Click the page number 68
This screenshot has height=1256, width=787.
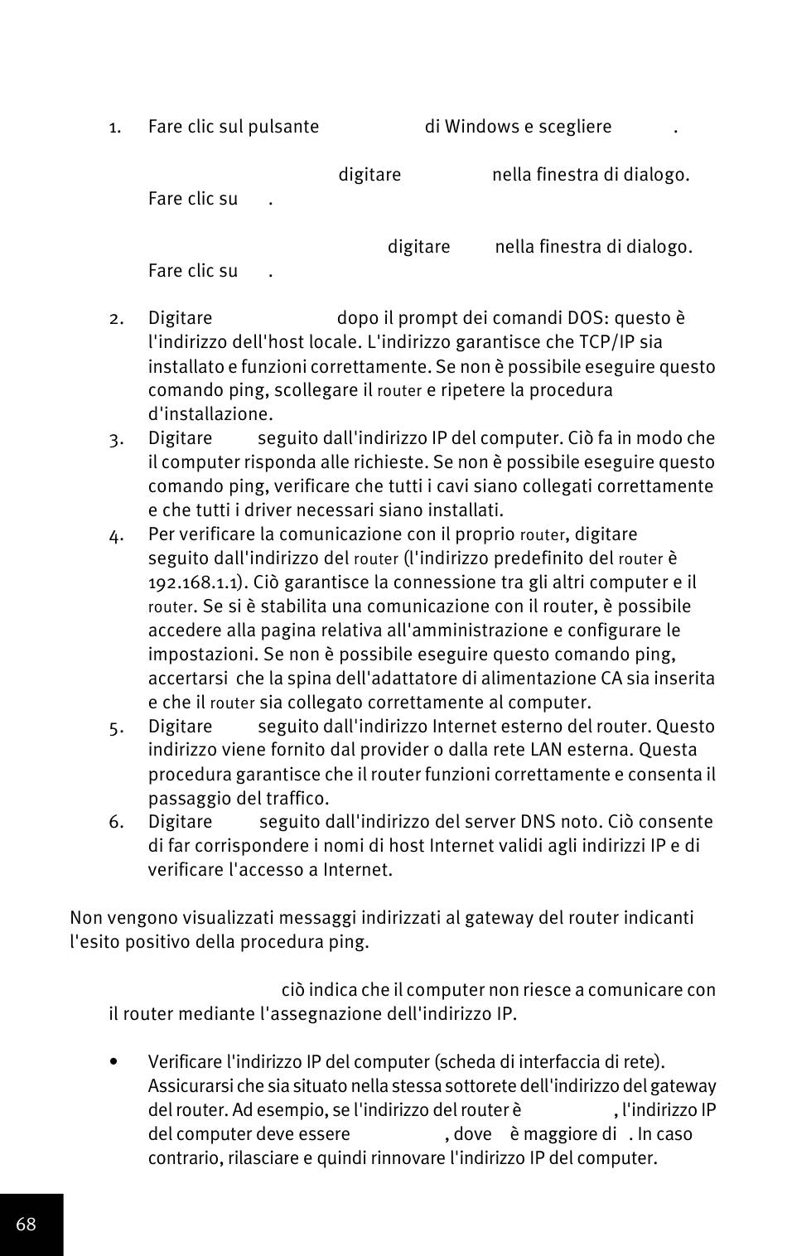coord(26,1225)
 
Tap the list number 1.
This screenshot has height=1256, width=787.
coord(115,128)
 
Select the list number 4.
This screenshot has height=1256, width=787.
coord(116,535)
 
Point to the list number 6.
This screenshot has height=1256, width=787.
coord(115,822)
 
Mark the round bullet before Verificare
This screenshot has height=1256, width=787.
coord(113,1062)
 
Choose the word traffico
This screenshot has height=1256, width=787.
coord(297,799)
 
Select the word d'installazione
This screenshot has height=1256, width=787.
coord(210,414)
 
